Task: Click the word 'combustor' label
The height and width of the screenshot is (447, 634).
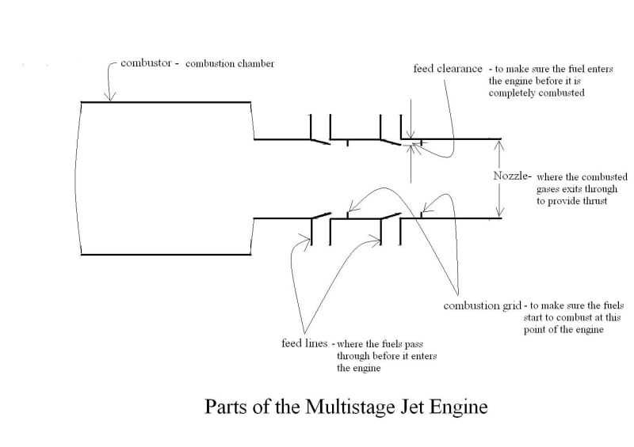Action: point(146,63)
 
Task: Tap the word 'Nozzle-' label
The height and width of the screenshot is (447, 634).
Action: point(512,176)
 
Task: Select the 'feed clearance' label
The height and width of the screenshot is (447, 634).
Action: point(448,69)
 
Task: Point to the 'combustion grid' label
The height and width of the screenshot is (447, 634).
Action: point(482,305)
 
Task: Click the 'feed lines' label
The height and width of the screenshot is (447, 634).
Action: point(304,343)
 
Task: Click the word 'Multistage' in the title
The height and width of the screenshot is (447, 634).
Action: point(349,406)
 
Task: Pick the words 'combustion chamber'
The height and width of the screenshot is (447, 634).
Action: point(230,63)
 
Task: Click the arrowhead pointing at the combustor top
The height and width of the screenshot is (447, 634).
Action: point(109,97)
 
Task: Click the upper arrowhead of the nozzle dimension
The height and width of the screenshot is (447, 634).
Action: point(500,143)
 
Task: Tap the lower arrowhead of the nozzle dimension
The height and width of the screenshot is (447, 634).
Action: point(500,212)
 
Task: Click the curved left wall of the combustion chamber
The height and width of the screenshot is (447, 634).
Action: point(76,178)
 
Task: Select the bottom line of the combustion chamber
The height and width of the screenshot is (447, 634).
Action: point(166,255)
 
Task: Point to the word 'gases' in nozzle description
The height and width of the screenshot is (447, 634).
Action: point(548,190)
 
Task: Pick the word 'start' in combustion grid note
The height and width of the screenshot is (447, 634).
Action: point(533,318)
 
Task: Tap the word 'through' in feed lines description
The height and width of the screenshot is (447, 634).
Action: point(353,357)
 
